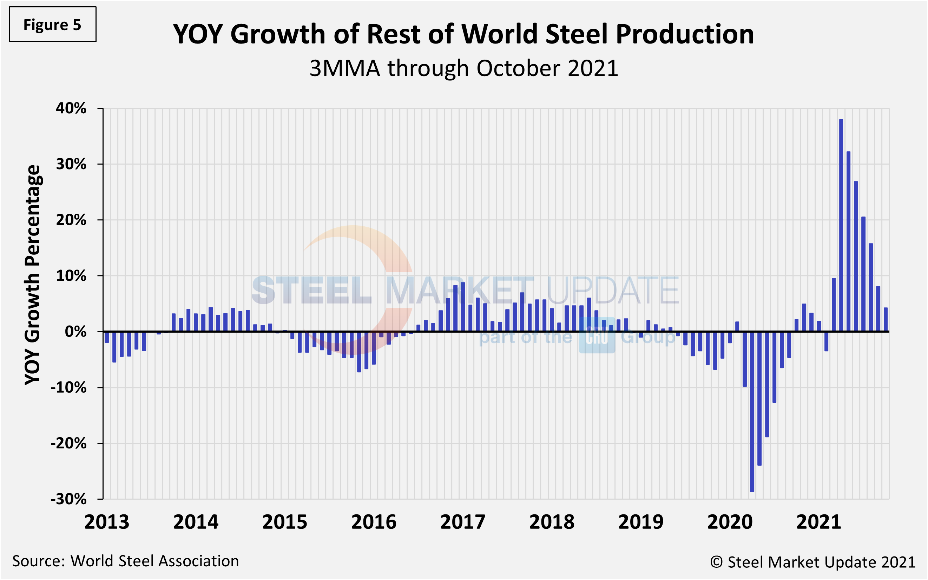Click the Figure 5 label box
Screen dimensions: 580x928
click(53, 25)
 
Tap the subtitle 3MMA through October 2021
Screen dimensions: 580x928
click(463, 69)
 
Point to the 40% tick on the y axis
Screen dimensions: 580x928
click(71, 108)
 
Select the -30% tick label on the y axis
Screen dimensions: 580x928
click(69, 499)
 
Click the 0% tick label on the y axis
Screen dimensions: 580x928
click(75, 332)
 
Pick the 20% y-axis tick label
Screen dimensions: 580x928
click(71, 220)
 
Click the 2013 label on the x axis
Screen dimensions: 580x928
click(107, 522)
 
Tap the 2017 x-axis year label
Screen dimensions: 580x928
click(462, 522)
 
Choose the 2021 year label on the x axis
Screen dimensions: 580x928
click(818, 522)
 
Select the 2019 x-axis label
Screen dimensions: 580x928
click(640, 522)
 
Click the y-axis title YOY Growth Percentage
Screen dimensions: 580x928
click(33, 274)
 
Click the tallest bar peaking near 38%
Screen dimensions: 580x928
click(841, 226)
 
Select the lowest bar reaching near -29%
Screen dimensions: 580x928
click(752, 411)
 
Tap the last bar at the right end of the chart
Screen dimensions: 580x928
click(886, 320)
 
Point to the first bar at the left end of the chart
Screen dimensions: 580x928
click(107, 337)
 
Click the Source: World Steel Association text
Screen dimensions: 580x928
click(125, 561)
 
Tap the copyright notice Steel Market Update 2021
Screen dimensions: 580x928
click(812, 562)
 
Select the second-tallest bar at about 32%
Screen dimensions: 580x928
click(848, 241)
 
